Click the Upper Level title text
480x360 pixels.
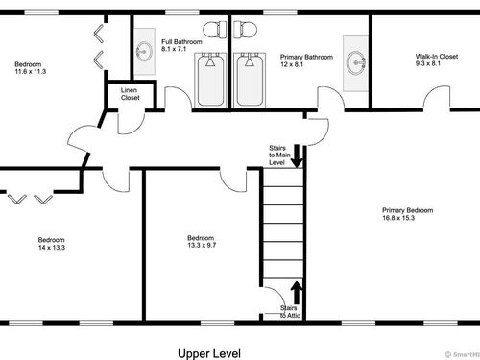[209, 353]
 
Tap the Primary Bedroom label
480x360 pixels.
[408, 210]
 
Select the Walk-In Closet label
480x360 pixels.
[437, 57]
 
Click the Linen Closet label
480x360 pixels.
[130, 94]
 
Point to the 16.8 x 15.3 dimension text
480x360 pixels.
[398, 218]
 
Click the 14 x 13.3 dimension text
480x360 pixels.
[52, 248]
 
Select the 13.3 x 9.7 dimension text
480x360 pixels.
[202, 245]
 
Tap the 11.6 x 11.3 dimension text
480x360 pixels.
[31, 72]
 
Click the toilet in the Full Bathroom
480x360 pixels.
[214, 30]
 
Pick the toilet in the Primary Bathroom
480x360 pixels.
[246, 30]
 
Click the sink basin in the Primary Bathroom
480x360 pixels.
[356, 63]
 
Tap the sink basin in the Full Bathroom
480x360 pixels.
[144, 52]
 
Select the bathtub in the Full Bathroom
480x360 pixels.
[210, 81]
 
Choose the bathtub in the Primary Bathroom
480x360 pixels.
[250, 81]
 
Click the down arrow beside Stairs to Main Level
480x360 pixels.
[297, 156]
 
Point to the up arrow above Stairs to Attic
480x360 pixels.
[297, 293]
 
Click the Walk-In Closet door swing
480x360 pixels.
[437, 93]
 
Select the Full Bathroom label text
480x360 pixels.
[181, 41]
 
